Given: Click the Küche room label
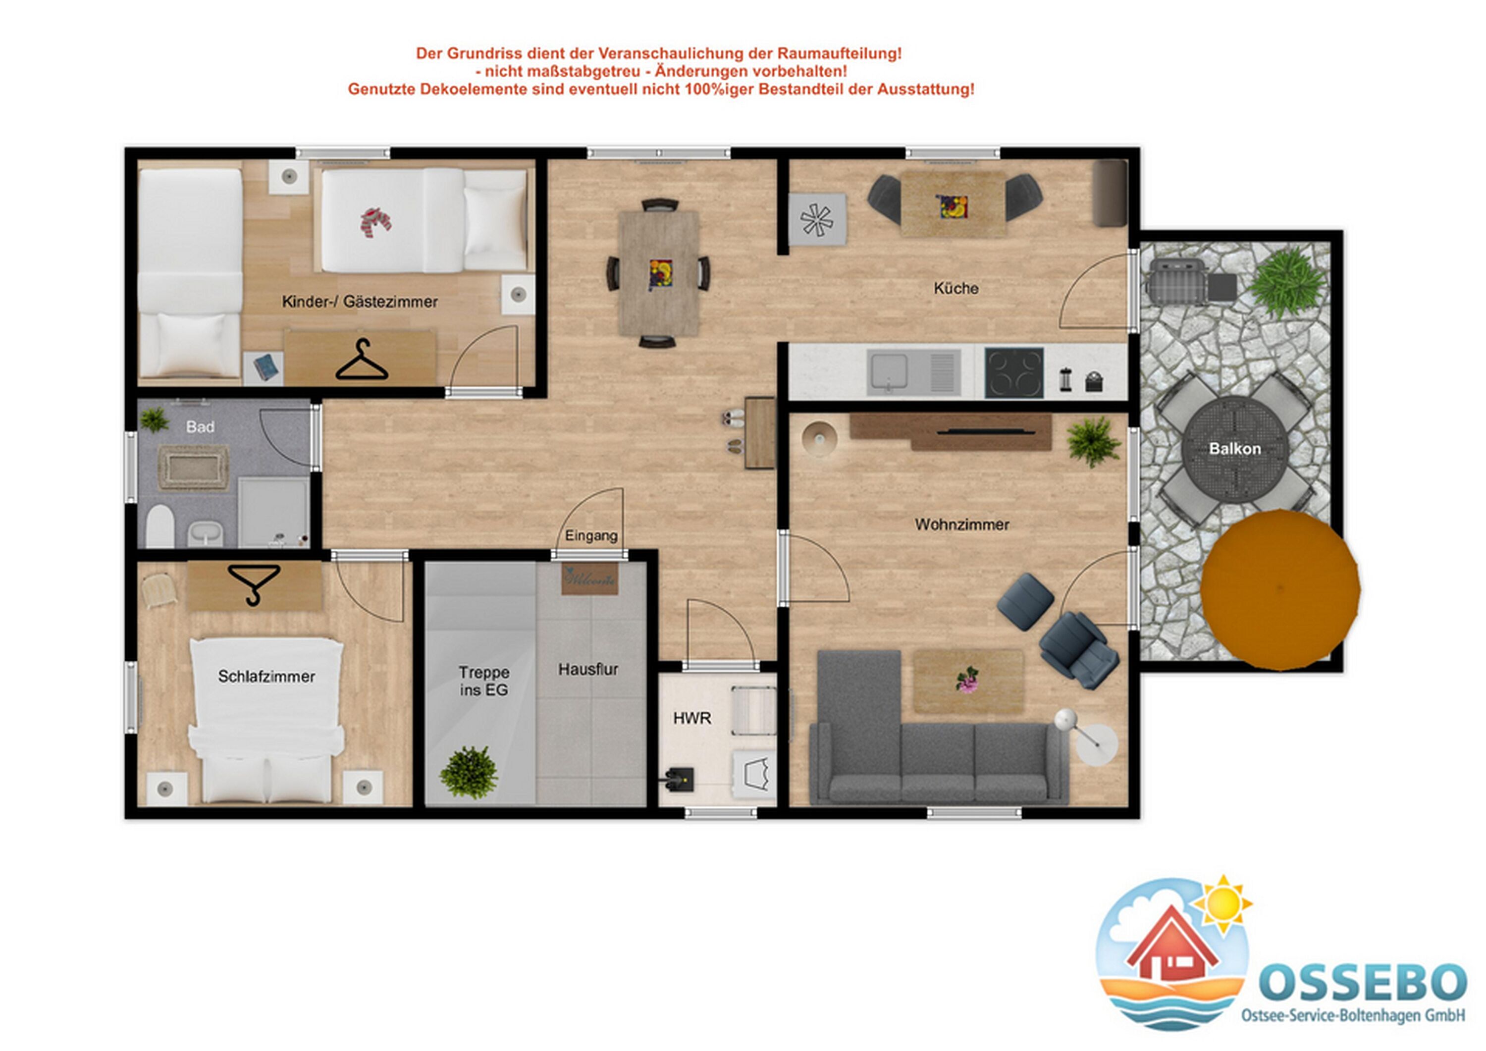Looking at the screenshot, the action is (956, 289).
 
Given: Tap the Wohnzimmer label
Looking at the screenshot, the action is (962, 525).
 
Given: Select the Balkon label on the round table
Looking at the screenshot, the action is (1235, 449).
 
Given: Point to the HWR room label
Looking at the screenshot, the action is (692, 718).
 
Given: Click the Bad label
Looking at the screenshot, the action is (200, 427).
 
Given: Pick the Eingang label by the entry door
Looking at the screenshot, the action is (591, 536).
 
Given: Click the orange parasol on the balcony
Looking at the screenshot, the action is (1280, 589).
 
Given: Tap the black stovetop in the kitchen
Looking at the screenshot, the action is (1014, 373).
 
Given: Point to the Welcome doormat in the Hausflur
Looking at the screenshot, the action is (589, 579).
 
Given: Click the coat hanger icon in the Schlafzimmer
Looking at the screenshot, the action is (254, 584).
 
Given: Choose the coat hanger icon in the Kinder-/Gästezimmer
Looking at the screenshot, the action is (362, 361).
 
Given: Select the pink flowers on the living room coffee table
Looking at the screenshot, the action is (967, 680).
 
